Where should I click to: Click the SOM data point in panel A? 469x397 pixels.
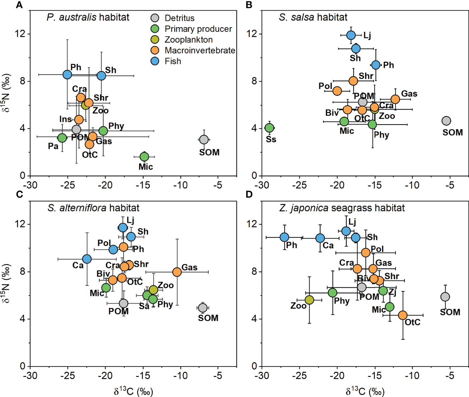click(204, 140)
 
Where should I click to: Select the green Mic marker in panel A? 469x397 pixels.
click(144, 156)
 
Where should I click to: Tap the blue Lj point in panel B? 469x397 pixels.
click(351, 35)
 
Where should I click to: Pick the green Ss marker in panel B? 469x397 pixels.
click(269, 128)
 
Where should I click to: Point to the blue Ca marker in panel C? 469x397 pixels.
click(87, 259)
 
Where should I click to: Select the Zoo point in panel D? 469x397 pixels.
click(309, 300)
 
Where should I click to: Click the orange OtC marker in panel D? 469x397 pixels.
click(403, 315)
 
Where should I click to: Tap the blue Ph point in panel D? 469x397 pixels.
click(284, 237)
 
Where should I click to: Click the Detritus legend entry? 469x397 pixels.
click(179, 18)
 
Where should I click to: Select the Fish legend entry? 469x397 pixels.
click(173, 61)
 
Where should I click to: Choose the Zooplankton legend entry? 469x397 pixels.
click(188, 40)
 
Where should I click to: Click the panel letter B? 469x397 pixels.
click(249, 5)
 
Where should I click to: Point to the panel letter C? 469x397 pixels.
click(19, 194)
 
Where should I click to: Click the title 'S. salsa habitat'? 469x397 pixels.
click(313, 17)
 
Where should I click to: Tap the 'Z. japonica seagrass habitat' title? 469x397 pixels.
click(342, 208)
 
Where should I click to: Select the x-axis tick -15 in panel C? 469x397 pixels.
click(143, 376)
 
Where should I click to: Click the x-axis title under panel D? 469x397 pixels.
click(365, 391)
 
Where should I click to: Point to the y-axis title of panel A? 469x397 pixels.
click(6, 93)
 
